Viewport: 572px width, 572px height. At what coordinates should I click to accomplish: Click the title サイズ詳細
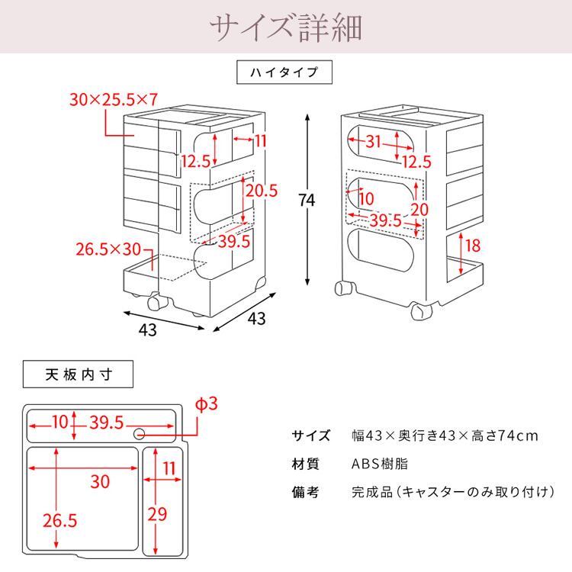(x=286, y=28)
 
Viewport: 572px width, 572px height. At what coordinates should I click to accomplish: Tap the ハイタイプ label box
(x=284, y=74)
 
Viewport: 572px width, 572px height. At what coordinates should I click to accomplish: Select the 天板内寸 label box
(x=79, y=374)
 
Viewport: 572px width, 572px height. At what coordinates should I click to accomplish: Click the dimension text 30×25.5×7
(x=112, y=99)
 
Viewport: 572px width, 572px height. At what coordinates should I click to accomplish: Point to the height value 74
(x=306, y=200)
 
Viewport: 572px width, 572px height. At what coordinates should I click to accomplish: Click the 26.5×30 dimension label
(x=109, y=249)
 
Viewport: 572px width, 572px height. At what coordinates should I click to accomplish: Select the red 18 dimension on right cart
(x=472, y=246)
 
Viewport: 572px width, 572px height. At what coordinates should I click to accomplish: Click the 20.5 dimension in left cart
(x=262, y=191)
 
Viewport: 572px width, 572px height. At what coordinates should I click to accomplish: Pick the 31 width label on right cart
(x=373, y=141)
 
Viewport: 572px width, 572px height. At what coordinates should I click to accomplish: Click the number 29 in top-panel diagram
(x=157, y=514)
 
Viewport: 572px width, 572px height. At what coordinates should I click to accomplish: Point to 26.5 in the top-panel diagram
(x=60, y=521)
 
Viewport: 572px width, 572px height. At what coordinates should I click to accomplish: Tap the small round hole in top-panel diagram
(x=140, y=434)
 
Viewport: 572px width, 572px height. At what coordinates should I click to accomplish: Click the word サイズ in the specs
(x=311, y=435)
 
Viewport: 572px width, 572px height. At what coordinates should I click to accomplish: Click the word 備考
(x=305, y=492)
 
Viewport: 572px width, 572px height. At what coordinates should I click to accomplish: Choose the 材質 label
(x=305, y=464)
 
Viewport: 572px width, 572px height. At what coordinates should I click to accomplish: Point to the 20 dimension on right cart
(x=419, y=209)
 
